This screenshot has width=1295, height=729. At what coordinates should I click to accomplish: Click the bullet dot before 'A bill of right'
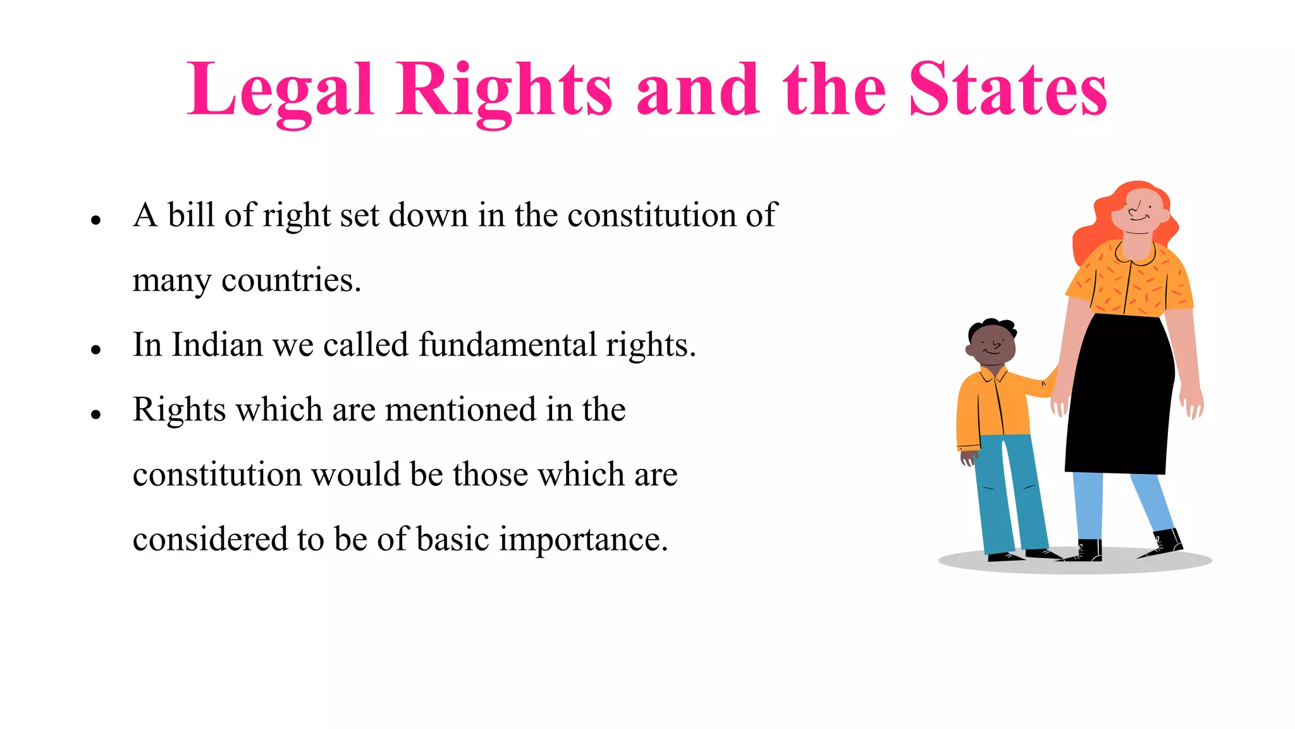pyautogui.click(x=96, y=221)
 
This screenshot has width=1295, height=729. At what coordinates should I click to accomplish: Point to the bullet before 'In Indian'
pyautogui.click(x=96, y=350)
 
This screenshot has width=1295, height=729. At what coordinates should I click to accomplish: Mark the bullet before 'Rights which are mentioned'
pyautogui.click(x=96, y=415)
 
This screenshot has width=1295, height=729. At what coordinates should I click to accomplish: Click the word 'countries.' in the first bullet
pyautogui.click(x=291, y=280)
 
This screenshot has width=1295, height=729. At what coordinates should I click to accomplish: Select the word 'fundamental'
pyautogui.click(x=507, y=345)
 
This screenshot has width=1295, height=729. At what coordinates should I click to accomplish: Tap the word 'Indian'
pyautogui.click(x=217, y=345)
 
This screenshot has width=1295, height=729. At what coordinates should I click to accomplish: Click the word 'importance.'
pyautogui.click(x=583, y=540)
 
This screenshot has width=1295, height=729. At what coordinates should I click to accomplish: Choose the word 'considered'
pyautogui.click(x=209, y=539)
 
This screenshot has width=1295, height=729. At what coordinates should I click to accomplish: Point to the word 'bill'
pyautogui.click(x=191, y=215)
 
